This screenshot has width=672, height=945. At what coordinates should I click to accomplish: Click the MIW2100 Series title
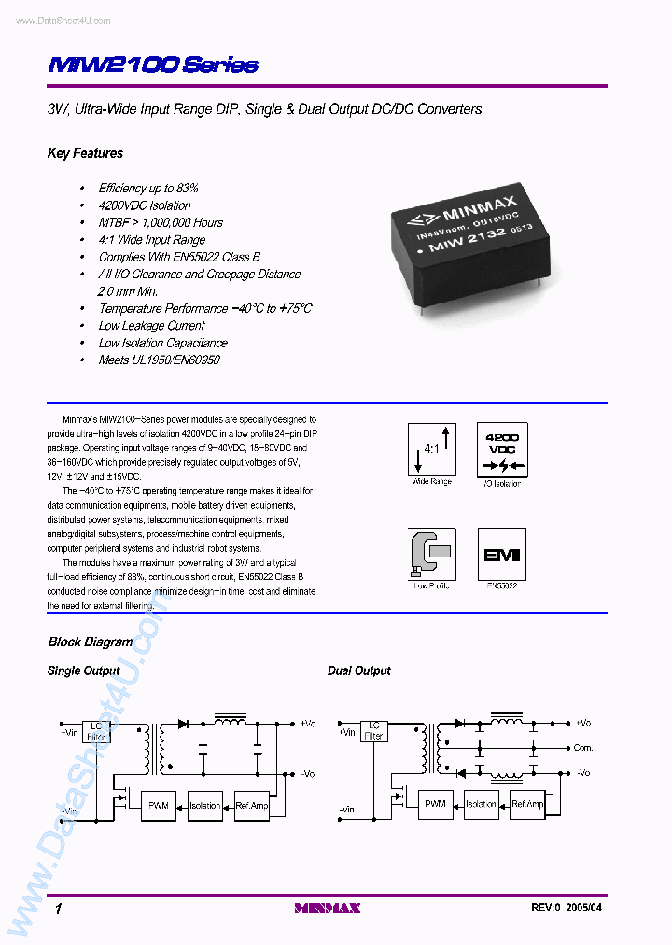coord(152,65)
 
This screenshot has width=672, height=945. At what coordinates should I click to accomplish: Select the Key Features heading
coord(85,153)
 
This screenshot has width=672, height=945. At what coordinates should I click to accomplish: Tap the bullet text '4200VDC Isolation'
coord(145,205)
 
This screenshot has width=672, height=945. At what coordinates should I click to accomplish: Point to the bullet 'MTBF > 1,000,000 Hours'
coord(161,222)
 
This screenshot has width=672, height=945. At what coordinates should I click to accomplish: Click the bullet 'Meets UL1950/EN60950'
coord(159,360)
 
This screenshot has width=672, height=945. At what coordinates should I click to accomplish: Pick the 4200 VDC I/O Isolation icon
coord(501,449)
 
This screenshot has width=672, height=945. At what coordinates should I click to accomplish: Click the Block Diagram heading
coord(90,642)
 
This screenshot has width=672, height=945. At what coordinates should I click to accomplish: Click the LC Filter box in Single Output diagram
coord(96,730)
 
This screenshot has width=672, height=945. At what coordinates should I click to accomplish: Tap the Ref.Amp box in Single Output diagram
coord(252,805)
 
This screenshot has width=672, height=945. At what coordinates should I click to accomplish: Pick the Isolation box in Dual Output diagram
coord(482,804)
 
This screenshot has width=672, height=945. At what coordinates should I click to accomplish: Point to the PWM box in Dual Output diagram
coord(435,804)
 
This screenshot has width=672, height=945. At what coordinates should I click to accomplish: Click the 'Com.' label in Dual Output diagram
coord(583,748)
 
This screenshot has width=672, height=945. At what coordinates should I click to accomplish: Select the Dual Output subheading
coord(358,670)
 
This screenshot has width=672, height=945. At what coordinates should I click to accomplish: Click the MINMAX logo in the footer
coord(328,908)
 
